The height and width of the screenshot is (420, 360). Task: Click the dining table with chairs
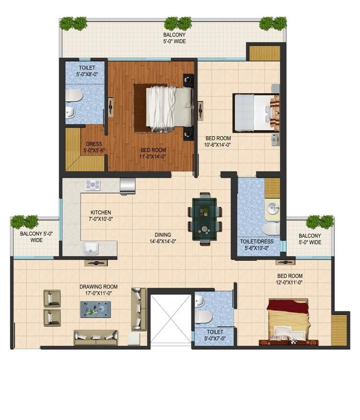click(204, 219)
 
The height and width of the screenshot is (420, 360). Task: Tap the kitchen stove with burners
click(92, 185)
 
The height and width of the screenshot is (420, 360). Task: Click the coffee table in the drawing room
click(95, 309)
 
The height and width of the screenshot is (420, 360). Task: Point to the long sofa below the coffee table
click(96, 336)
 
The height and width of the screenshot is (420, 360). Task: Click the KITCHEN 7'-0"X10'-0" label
click(101, 215)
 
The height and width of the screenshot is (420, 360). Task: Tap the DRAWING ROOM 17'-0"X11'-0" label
click(98, 290)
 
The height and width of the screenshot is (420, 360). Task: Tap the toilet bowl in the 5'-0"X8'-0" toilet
click(74, 96)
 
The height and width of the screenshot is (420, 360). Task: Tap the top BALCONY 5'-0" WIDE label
click(174, 38)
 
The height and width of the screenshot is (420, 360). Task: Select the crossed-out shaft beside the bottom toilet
click(170, 318)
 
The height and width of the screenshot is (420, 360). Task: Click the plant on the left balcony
click(24, 221)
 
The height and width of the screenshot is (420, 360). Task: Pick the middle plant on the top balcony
click(178, 22)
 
